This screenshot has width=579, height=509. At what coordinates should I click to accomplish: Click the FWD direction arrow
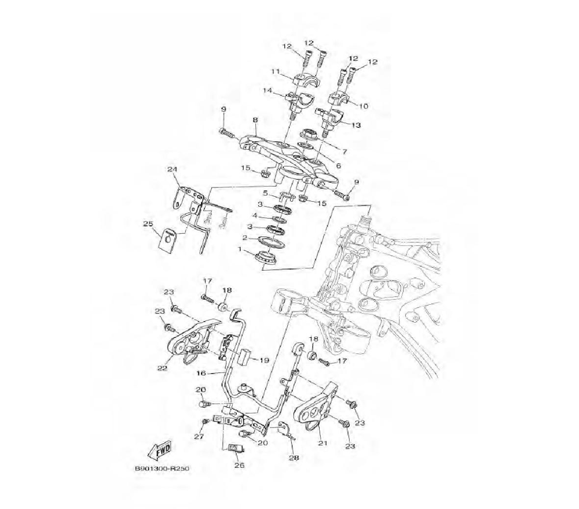pyautogui.click(x=161, y=449)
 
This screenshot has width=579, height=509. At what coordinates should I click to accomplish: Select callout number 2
pyautogui.click(x=244, y=238)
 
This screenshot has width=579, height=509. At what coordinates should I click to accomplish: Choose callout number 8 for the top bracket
pyautogui.click(x=254, y=120)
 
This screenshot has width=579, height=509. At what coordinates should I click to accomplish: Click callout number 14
pyautogui.click(x=267, y=91)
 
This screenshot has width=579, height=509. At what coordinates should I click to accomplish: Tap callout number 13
pyautogui.click(x=356, y=125)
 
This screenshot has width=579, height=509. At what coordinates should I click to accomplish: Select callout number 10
pyautogui.click(x=364, y=106)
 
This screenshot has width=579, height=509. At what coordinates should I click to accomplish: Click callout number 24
pyautogui.click(x=171, y=169)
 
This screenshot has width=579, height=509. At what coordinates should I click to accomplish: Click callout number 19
pyautogui.click(x=264, y=360)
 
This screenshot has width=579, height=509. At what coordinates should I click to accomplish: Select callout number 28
pyautogui.click(x=294, y=458)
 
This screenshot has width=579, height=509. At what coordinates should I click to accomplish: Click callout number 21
pyautogui.click(x=323, y=444)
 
